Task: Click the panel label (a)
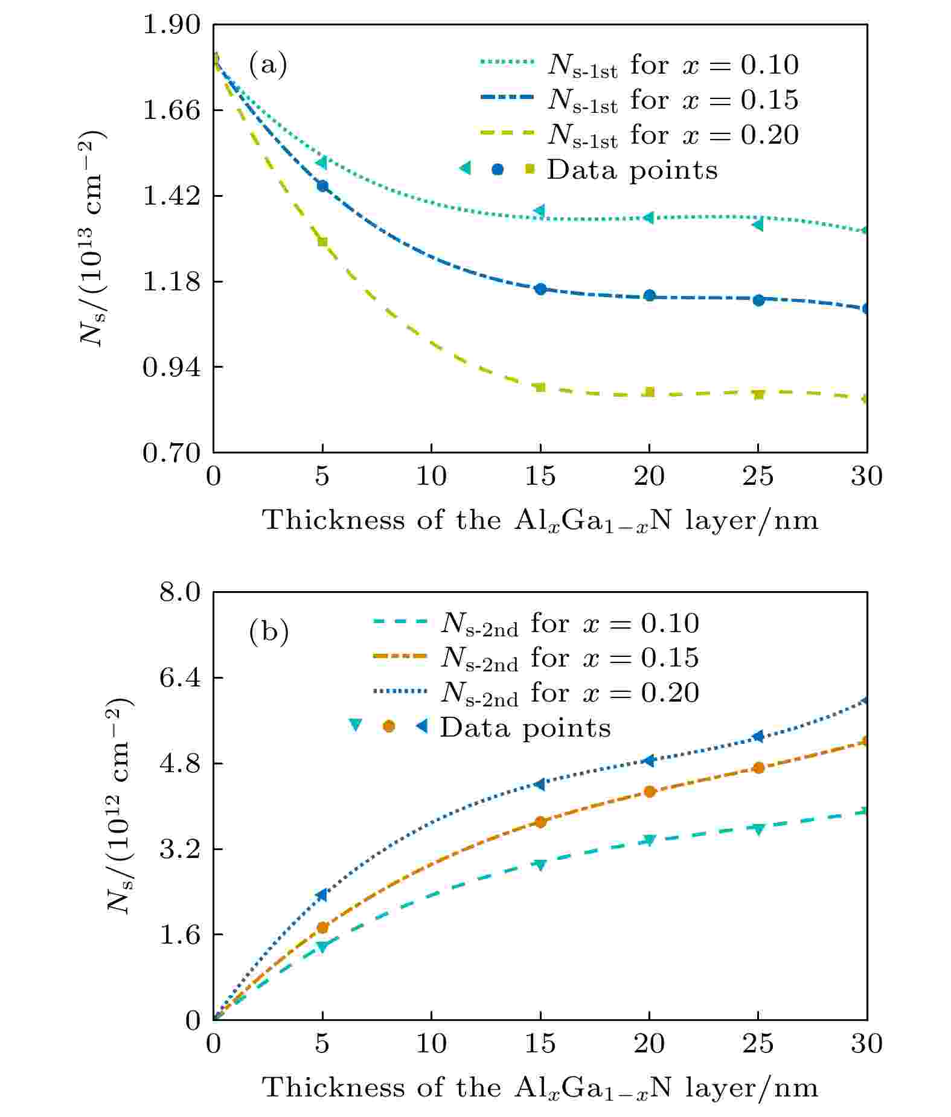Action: (x=267, y=65)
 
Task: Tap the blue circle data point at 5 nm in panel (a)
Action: (x=322, y=185)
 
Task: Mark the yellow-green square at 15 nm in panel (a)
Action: (x=540, y=387)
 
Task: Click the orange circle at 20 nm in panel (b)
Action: (x=650, y=792)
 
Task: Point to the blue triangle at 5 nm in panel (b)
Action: (x=322, y=895)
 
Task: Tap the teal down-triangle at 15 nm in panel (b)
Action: (x=540, y=865)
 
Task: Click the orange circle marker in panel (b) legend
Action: (x=389, y=726)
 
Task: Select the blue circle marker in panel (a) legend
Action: (x=498, y=169)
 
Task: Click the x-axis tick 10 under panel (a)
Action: (x=431, y=476)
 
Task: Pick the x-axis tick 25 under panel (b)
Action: (x=758, y=1043)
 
